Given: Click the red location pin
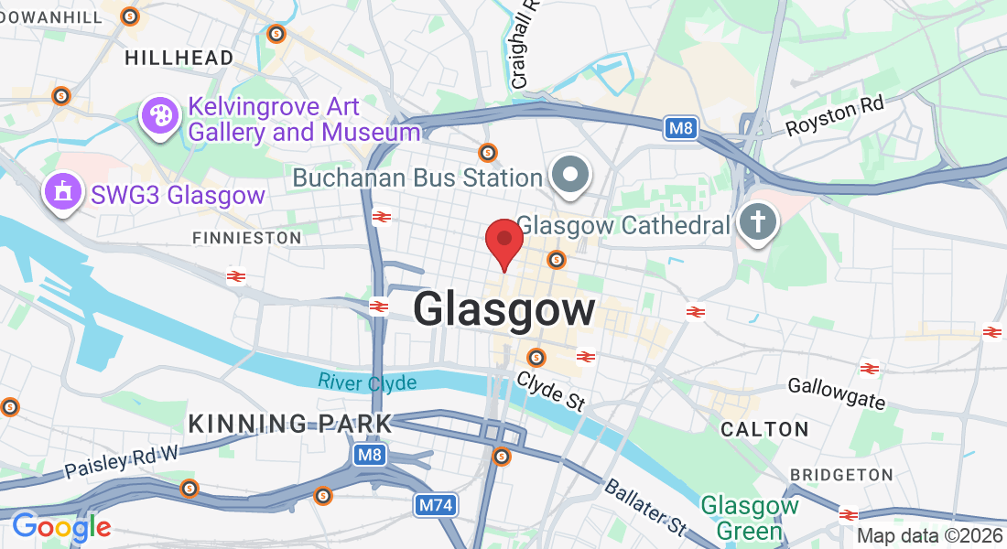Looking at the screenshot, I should (503, 240).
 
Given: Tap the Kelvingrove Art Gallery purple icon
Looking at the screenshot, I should (160, 116).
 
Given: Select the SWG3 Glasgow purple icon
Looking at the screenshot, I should (62, 193).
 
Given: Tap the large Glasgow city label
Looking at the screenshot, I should (504, 308).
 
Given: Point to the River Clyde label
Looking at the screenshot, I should (367, 382).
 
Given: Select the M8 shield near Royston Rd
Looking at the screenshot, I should (680, 128).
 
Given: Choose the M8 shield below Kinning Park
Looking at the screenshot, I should (370, 455).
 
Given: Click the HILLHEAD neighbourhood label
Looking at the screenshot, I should (179, 58).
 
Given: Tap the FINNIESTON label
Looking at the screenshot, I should (246, 238).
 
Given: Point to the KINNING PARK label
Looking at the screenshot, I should (289, 424).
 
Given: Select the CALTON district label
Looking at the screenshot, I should (764, 429).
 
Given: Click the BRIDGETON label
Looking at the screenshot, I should (841, 475).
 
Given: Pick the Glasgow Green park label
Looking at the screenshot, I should (750, 517).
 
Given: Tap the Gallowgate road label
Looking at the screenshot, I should (837, 393).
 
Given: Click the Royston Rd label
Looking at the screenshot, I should (835, 117).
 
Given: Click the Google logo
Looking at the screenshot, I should (61, 527).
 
